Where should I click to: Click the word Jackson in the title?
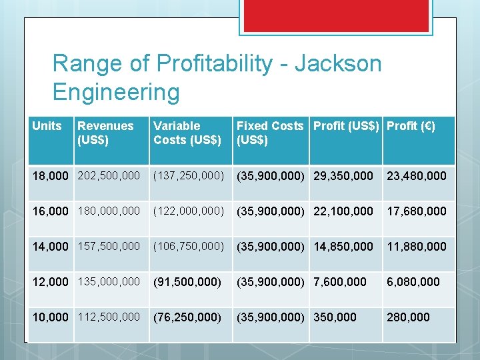338,63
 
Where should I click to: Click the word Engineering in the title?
116,92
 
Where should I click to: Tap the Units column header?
47,126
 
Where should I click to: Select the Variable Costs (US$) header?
187,133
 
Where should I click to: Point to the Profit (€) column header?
411,126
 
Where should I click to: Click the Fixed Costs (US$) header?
270,133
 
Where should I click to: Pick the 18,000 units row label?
50,176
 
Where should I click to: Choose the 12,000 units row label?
50,282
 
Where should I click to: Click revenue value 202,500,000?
109,176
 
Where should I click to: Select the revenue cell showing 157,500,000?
109,247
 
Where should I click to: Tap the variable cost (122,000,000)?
189,211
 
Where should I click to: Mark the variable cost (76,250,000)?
187,317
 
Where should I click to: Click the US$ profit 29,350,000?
343,176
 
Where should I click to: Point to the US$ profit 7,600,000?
340,282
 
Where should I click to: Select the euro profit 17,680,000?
417,211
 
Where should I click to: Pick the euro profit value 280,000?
408,317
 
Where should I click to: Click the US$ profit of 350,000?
335,317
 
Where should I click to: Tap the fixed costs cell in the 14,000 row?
271,247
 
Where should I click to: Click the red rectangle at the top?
336,16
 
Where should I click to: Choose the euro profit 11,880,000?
417,247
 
